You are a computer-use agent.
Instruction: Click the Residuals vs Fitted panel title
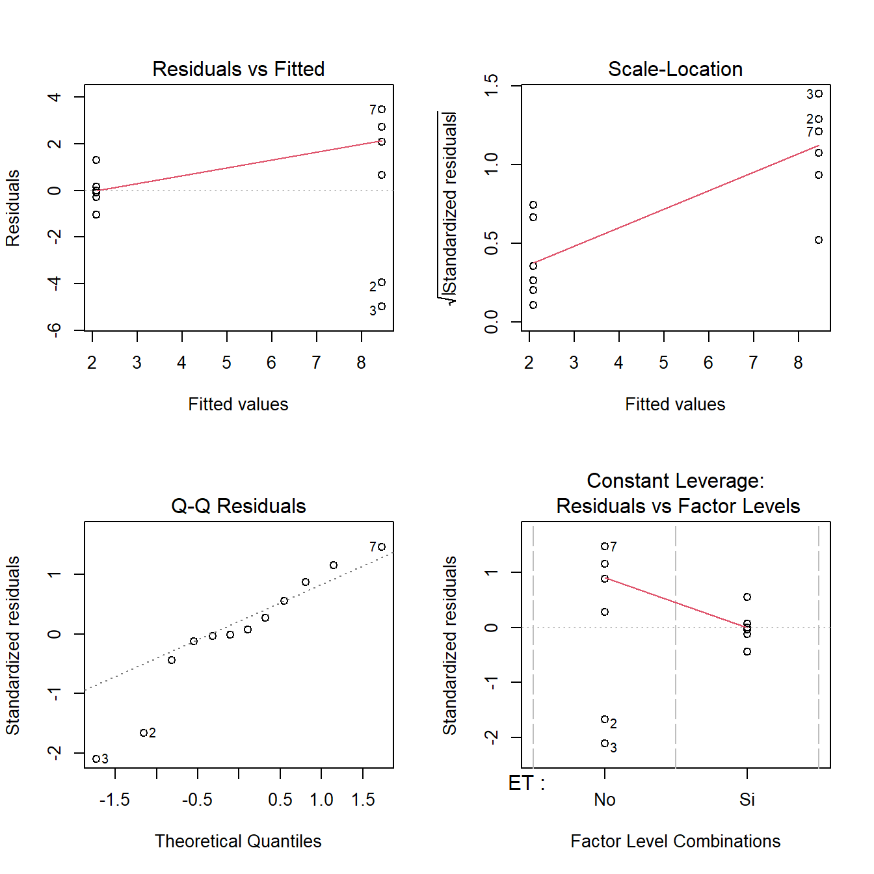[238, 69]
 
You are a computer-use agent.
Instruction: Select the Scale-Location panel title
[675, 69]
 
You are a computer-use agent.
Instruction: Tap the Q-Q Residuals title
[238, 506]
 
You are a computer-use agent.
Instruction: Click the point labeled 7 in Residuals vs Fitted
[382, 109]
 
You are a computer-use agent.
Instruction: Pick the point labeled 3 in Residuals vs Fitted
[382, 306]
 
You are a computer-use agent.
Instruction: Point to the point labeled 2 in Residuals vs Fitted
[382, 282]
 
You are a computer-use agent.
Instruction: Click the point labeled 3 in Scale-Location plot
[819, 94]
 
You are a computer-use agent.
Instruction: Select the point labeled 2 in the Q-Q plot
[144, 733]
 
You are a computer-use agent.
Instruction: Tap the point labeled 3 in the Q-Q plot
[96, 759]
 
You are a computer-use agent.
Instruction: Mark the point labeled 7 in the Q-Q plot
[382, 547]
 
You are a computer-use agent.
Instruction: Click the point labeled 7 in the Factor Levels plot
[605, 546]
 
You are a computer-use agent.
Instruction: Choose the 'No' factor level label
[605, 799]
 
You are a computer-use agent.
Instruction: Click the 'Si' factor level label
[747, 799]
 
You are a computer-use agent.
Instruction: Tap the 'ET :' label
[526, 784]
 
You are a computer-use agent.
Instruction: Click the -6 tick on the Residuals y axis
[55, 330]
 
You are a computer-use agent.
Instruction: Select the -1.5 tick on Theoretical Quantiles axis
[114, 799]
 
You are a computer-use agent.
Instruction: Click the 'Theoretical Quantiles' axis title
[238, 841]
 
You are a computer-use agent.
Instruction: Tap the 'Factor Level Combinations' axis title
[675, 841]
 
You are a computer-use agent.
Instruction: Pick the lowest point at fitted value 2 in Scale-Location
[533, 305]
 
